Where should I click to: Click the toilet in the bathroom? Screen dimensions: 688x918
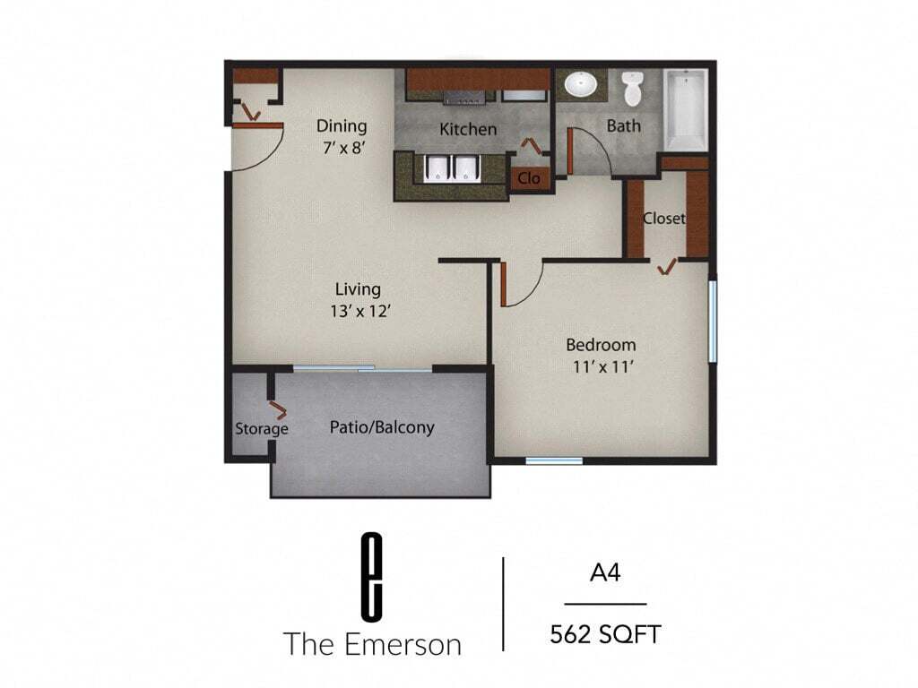tap(633, 88)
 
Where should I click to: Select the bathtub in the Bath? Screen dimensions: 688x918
tap(687, 109)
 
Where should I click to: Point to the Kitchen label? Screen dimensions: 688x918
tap(468, 129)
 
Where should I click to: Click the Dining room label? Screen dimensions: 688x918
tap(342, 125)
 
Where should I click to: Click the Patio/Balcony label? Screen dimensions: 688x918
tap(382, 427)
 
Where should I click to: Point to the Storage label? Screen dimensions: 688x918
tap(262, 429)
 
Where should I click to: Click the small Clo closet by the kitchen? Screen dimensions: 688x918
tap(529, 178)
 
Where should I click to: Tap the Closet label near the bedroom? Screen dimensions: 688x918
tap(664, 218)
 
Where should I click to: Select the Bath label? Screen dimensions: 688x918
tap(624, 125)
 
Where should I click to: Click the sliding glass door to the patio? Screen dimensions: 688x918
tap(363, 368)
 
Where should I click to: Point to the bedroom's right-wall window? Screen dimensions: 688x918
tap(713, 322)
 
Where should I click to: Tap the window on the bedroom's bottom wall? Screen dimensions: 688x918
tap(553, 461)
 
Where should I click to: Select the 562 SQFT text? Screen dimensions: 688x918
tap(605, 635)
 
